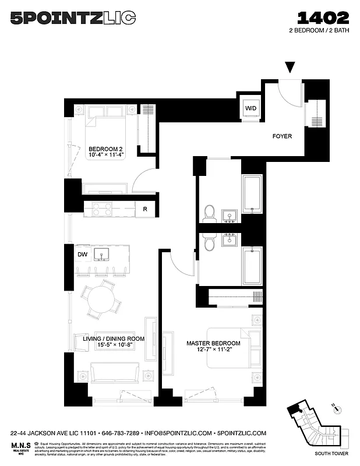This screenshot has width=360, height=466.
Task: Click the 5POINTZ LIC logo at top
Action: click(x=73, y=19)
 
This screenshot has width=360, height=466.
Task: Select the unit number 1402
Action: click(x=323, y=17)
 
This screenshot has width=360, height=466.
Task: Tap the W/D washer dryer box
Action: click(x=250, y=108)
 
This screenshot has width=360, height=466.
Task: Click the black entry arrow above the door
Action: click(x=290, y=68)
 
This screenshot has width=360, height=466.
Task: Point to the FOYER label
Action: click(x=282, y=136)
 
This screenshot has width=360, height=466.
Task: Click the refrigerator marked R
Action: click(x=144, y=209)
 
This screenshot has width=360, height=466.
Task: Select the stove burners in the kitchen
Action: click(x=101, y=209)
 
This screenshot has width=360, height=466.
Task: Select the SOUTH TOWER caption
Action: click(x=330, y=453)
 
